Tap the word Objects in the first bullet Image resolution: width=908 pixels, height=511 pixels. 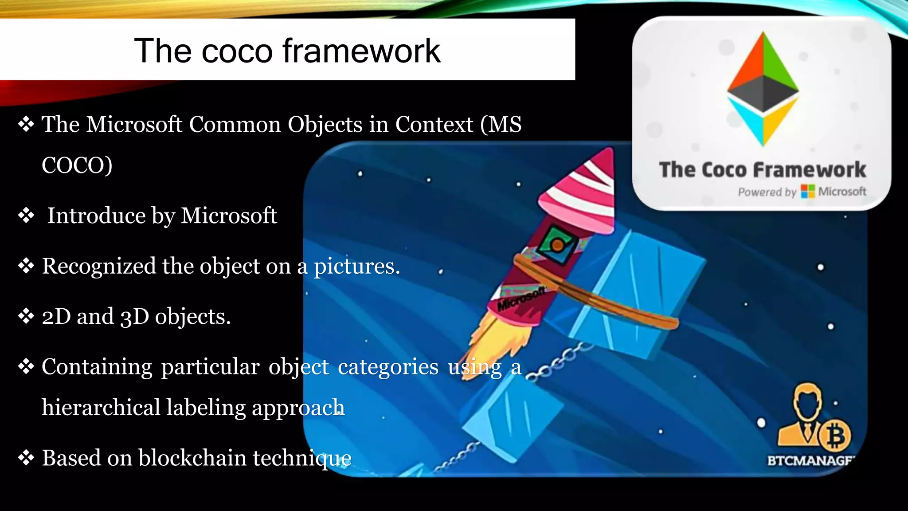(325, 125)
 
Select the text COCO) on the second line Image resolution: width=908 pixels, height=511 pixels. (77, 166)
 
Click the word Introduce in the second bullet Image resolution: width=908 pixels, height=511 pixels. (96, 216)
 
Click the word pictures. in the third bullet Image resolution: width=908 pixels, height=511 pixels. (357, 267)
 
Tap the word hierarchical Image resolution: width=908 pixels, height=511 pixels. (101, 408)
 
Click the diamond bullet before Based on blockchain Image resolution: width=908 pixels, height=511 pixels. (26, 457)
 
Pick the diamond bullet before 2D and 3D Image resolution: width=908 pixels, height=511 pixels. (26, 316)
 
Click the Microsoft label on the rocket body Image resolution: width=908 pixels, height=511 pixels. (521, 299)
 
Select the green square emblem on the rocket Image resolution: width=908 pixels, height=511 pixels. (557, 244)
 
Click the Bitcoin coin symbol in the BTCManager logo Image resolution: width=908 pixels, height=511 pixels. (835, 436)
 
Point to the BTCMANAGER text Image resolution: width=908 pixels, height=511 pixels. (810, 461)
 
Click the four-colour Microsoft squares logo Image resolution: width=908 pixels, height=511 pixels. (808, 192)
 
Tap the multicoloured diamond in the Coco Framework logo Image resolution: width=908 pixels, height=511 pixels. (763, 89)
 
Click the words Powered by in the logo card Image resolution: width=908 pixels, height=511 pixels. (767, 192)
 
